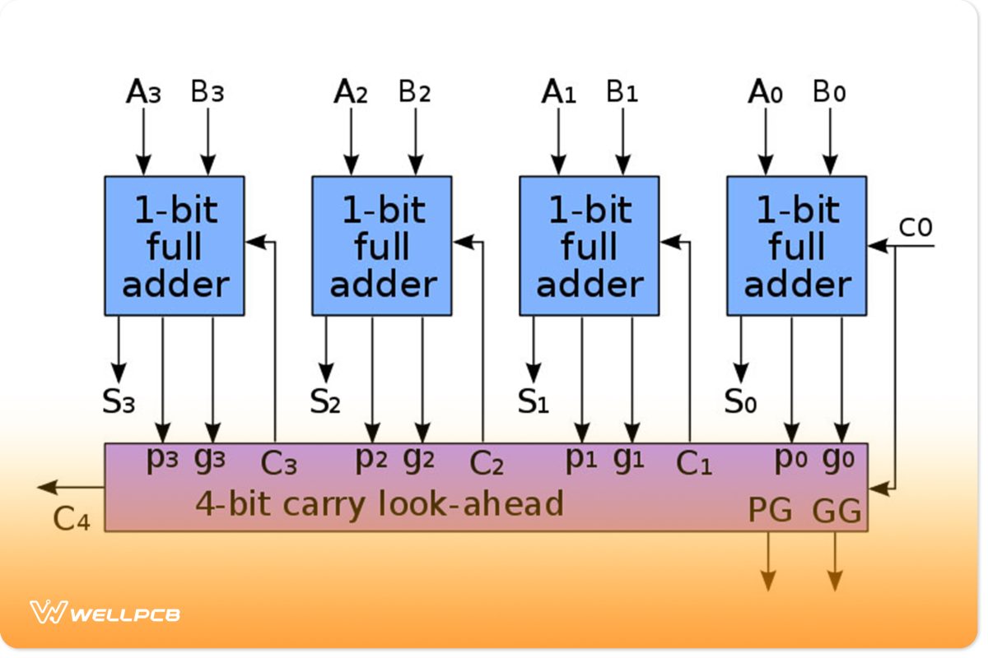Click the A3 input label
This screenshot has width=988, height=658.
[143, 92]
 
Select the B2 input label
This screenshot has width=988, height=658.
[415, 92]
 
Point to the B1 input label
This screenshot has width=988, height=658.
[622, 92]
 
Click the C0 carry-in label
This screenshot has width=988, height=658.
[915, 228]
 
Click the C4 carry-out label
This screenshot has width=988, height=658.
[71, 518]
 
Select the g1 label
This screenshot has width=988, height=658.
[628, 459]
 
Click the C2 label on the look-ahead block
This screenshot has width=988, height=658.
[486, 464]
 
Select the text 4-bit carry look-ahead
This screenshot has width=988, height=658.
[379, 503]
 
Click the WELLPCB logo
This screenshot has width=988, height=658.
[105, 613]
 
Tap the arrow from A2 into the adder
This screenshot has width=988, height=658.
[352, 140]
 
